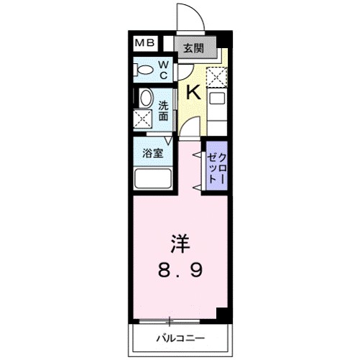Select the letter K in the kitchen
[x=193, y=92]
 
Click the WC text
[x=163, y=70]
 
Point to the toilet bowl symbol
[x=144, y=70]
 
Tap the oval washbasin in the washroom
[x=145, y=98]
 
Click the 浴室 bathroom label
[x=151, y=153]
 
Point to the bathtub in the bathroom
[x=152, y=180]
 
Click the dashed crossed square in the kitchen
[x=217, y=75]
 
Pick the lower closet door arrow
[x=196, y=187]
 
